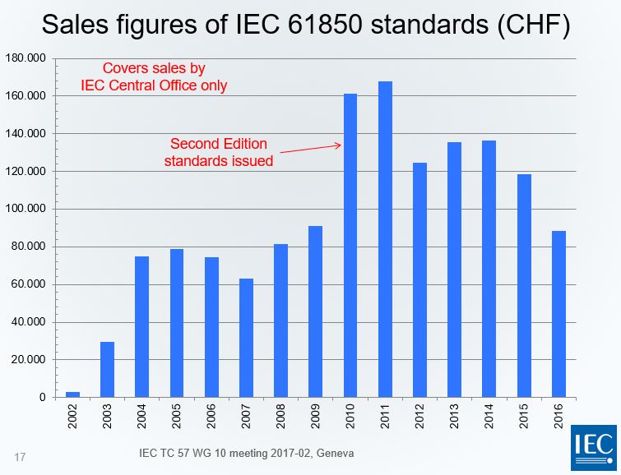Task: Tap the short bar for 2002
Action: (72, 394)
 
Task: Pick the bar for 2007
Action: (246, 338)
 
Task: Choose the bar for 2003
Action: (107, 369)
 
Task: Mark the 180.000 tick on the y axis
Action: (25, 58)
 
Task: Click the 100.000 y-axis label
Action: (25, 209)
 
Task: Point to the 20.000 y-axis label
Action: (28, 360)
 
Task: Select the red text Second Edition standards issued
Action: (218, 152)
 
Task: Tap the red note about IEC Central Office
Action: (153, 76)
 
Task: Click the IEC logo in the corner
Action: (593, 448)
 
